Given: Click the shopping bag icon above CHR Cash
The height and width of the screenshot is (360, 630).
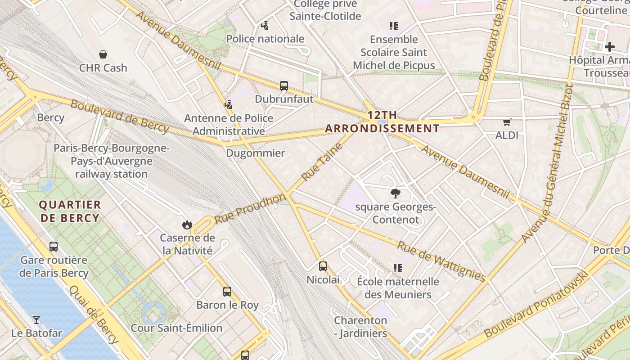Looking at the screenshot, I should (x=103, y=55).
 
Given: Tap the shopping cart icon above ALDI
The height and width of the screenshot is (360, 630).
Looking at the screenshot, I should (x=507, y=122).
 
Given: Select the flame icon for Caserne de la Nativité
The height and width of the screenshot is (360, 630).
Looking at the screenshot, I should (x=187, y=225).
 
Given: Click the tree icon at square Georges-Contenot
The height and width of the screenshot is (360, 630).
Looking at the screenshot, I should (x=396, y=194).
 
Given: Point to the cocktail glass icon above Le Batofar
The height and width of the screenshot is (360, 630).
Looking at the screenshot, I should (x=36, y=320).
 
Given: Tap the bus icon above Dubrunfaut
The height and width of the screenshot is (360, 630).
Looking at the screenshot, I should (x=284, y=86).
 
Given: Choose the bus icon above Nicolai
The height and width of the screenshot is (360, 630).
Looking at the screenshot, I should (x=323, y=266).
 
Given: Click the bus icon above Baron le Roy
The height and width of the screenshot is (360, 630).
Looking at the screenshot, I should (x=227, y=292).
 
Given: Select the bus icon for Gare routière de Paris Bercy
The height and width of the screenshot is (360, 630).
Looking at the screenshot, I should (x=54, y=247).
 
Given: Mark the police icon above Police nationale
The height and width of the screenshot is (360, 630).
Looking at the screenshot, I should (x=265, y=26).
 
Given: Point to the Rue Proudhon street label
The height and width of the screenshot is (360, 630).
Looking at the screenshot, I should (x=250, y=209).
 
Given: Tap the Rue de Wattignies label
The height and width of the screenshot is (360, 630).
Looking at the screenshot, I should (x=441, y=261).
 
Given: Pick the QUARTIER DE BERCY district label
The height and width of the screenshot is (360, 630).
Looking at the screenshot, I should (x=69, y=211).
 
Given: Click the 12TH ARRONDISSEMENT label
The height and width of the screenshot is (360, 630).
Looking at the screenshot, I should (x=382, y=121).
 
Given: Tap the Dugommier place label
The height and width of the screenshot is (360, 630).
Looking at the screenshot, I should (x=255, y=153).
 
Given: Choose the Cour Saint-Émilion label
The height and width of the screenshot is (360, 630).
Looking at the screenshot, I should (x=176, y=328).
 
